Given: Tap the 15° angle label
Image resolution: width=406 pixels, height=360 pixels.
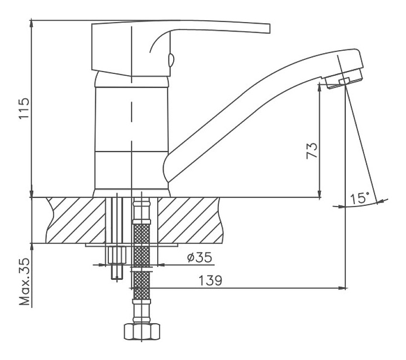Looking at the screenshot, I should [x=359, y=198].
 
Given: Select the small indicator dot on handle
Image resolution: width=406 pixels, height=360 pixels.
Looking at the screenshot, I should [x=171, y=59].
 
